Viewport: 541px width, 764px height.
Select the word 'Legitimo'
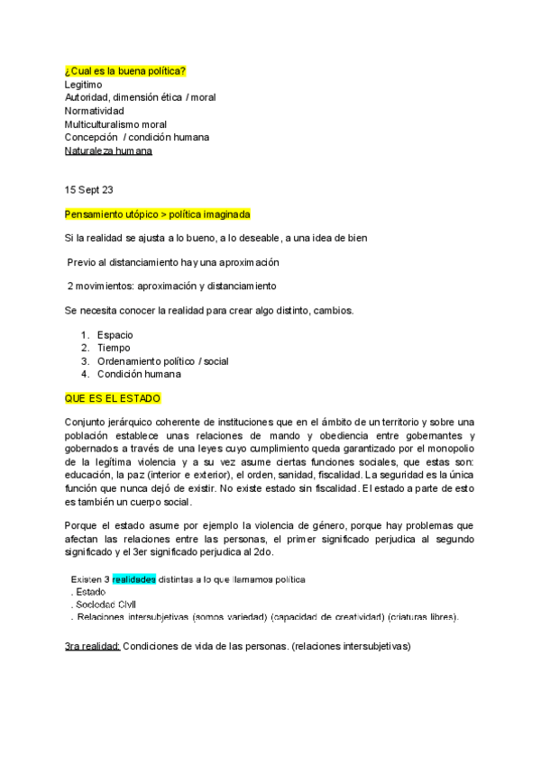tap(85, 84)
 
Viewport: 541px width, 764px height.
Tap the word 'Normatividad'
tap(94, 111)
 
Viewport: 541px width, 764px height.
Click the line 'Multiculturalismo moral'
tap(115, 124)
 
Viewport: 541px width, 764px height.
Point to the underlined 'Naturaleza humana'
tap(108, 151)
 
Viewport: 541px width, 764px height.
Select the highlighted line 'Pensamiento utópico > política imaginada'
tap(157, 215)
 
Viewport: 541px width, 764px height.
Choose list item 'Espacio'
tap(115, 335)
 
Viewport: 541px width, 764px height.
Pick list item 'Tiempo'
tap(114, 348)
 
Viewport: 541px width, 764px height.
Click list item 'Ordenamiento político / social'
tap(162, 361)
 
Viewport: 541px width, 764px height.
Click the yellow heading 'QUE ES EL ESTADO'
tap(113, 397)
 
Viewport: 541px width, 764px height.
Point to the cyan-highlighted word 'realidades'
tap(134, 578)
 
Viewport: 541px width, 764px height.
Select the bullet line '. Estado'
tap(89, 592)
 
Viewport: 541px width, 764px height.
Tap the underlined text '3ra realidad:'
tap(92, 646)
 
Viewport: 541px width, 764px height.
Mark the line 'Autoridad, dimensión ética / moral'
tap(140, 97)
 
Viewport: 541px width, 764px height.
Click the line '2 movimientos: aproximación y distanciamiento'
tap(171, 286)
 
